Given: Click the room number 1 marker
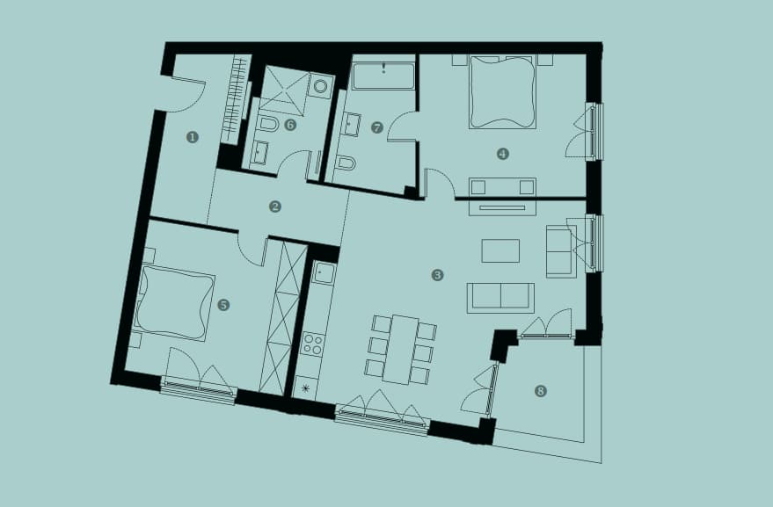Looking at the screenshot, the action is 193,137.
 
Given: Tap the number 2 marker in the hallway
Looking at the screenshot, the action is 275,206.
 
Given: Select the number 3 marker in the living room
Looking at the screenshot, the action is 437,275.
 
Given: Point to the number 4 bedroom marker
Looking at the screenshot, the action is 502,155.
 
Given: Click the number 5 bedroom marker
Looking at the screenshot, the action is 223,305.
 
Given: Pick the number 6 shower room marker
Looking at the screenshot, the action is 290,125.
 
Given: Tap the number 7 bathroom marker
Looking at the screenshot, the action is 377,128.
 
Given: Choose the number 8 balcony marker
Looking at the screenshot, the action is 541,391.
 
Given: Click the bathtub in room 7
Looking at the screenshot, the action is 383,76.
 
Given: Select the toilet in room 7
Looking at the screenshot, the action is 345,163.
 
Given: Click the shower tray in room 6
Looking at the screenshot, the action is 284,91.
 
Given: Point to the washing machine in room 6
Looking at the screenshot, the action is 321,86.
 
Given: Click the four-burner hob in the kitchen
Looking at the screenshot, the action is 312,344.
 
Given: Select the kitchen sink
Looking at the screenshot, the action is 324,272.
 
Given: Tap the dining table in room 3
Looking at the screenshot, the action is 400,350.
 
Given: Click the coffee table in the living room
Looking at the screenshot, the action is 500,250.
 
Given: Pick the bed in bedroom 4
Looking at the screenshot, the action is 502,91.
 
